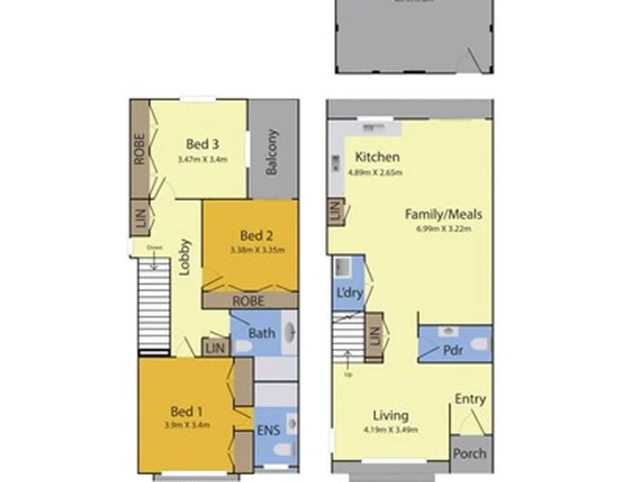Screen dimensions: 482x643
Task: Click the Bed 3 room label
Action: click(x=203, y=144)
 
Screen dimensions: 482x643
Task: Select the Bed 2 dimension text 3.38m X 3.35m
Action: click(x=256, y=250)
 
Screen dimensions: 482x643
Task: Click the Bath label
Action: click(x=262, y=334)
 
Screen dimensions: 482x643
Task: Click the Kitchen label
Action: click(x=377, y=157)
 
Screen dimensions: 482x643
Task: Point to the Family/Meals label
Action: click(x=444, y=214)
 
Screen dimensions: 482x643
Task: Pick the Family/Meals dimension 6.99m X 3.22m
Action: click(x=444, y=229)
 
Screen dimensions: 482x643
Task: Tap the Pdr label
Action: click(x=454, y=351)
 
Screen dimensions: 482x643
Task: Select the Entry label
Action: click(x=471, y=399)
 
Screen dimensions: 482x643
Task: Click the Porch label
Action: click(x=471, y=453)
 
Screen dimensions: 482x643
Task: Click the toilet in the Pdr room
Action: click(x=480, y=345)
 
